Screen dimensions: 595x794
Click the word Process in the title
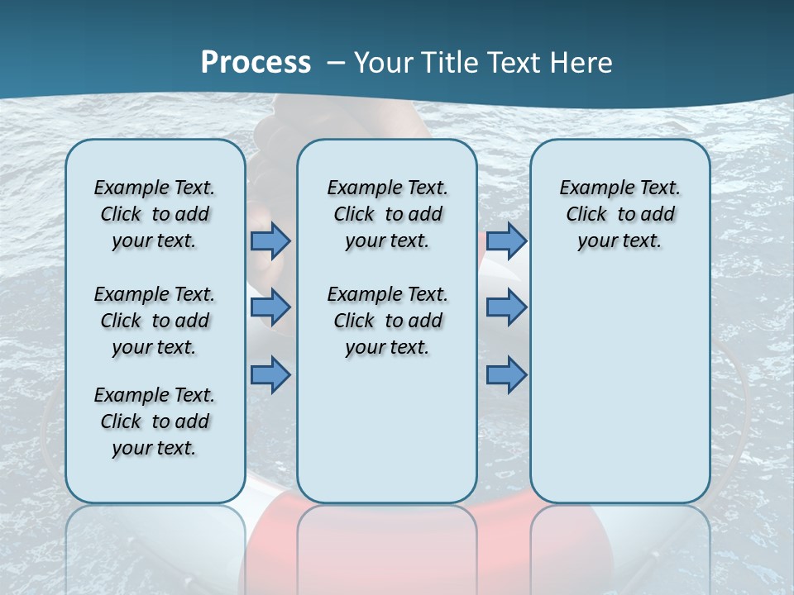[256, 63]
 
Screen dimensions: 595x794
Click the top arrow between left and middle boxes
[270, 240]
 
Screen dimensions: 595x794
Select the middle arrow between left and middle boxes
[270, 307]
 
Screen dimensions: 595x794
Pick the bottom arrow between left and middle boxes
[270, 374]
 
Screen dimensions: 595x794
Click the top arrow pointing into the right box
[506, 240]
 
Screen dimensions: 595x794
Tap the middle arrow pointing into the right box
[506, 307]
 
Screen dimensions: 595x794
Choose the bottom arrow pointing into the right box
[506, 374]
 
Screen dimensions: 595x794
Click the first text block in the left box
[155, 214]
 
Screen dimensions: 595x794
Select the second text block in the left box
[155, 321]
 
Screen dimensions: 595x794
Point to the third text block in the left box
[155, 421]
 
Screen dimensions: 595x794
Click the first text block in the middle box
[387, 214]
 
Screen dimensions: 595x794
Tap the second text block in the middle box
[387, 321]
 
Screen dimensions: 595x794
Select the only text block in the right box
[619, 214]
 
